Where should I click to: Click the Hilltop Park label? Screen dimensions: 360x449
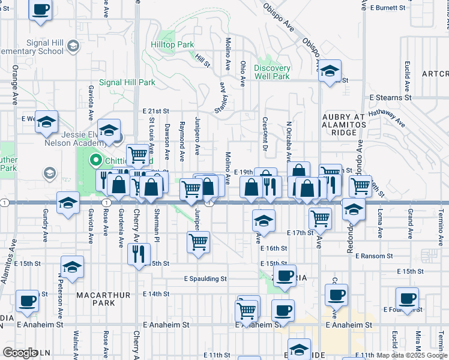click(x=172, y=44)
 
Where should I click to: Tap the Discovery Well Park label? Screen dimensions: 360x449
click(x=272, y=72)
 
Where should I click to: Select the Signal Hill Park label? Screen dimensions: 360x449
click(x=127, y=82)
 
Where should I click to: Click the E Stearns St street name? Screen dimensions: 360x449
click(x=390, y=97)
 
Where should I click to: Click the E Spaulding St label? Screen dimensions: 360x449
click(x=205, y=279)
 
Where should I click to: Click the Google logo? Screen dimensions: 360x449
click(x=20, y=353)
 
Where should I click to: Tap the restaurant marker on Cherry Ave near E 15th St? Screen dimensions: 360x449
click(x=139, y=253)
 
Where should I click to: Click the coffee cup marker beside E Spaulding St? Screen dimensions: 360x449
click(x=286, y=275)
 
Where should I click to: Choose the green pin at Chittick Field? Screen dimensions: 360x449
click(x=94, y=160)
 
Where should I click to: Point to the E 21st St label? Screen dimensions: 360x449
click(x=156, y=111)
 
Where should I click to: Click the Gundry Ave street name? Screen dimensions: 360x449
click(x=45, y=225)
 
